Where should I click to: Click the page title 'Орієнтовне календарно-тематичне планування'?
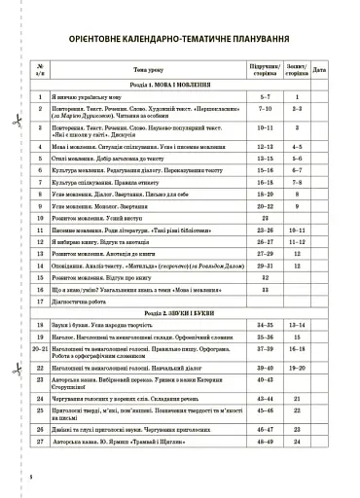(180, 40)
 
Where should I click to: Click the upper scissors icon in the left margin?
(17, 121)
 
